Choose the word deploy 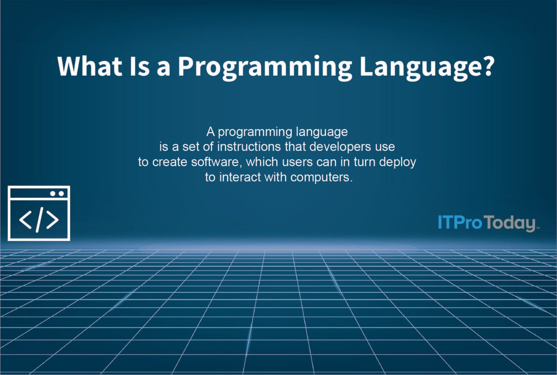[x=398, y=162]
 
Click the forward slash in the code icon [x=39, y=221]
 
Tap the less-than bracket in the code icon [x=25, y=221]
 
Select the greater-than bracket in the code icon [x=52, y=221]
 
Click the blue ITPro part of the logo [x=460, y=222]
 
